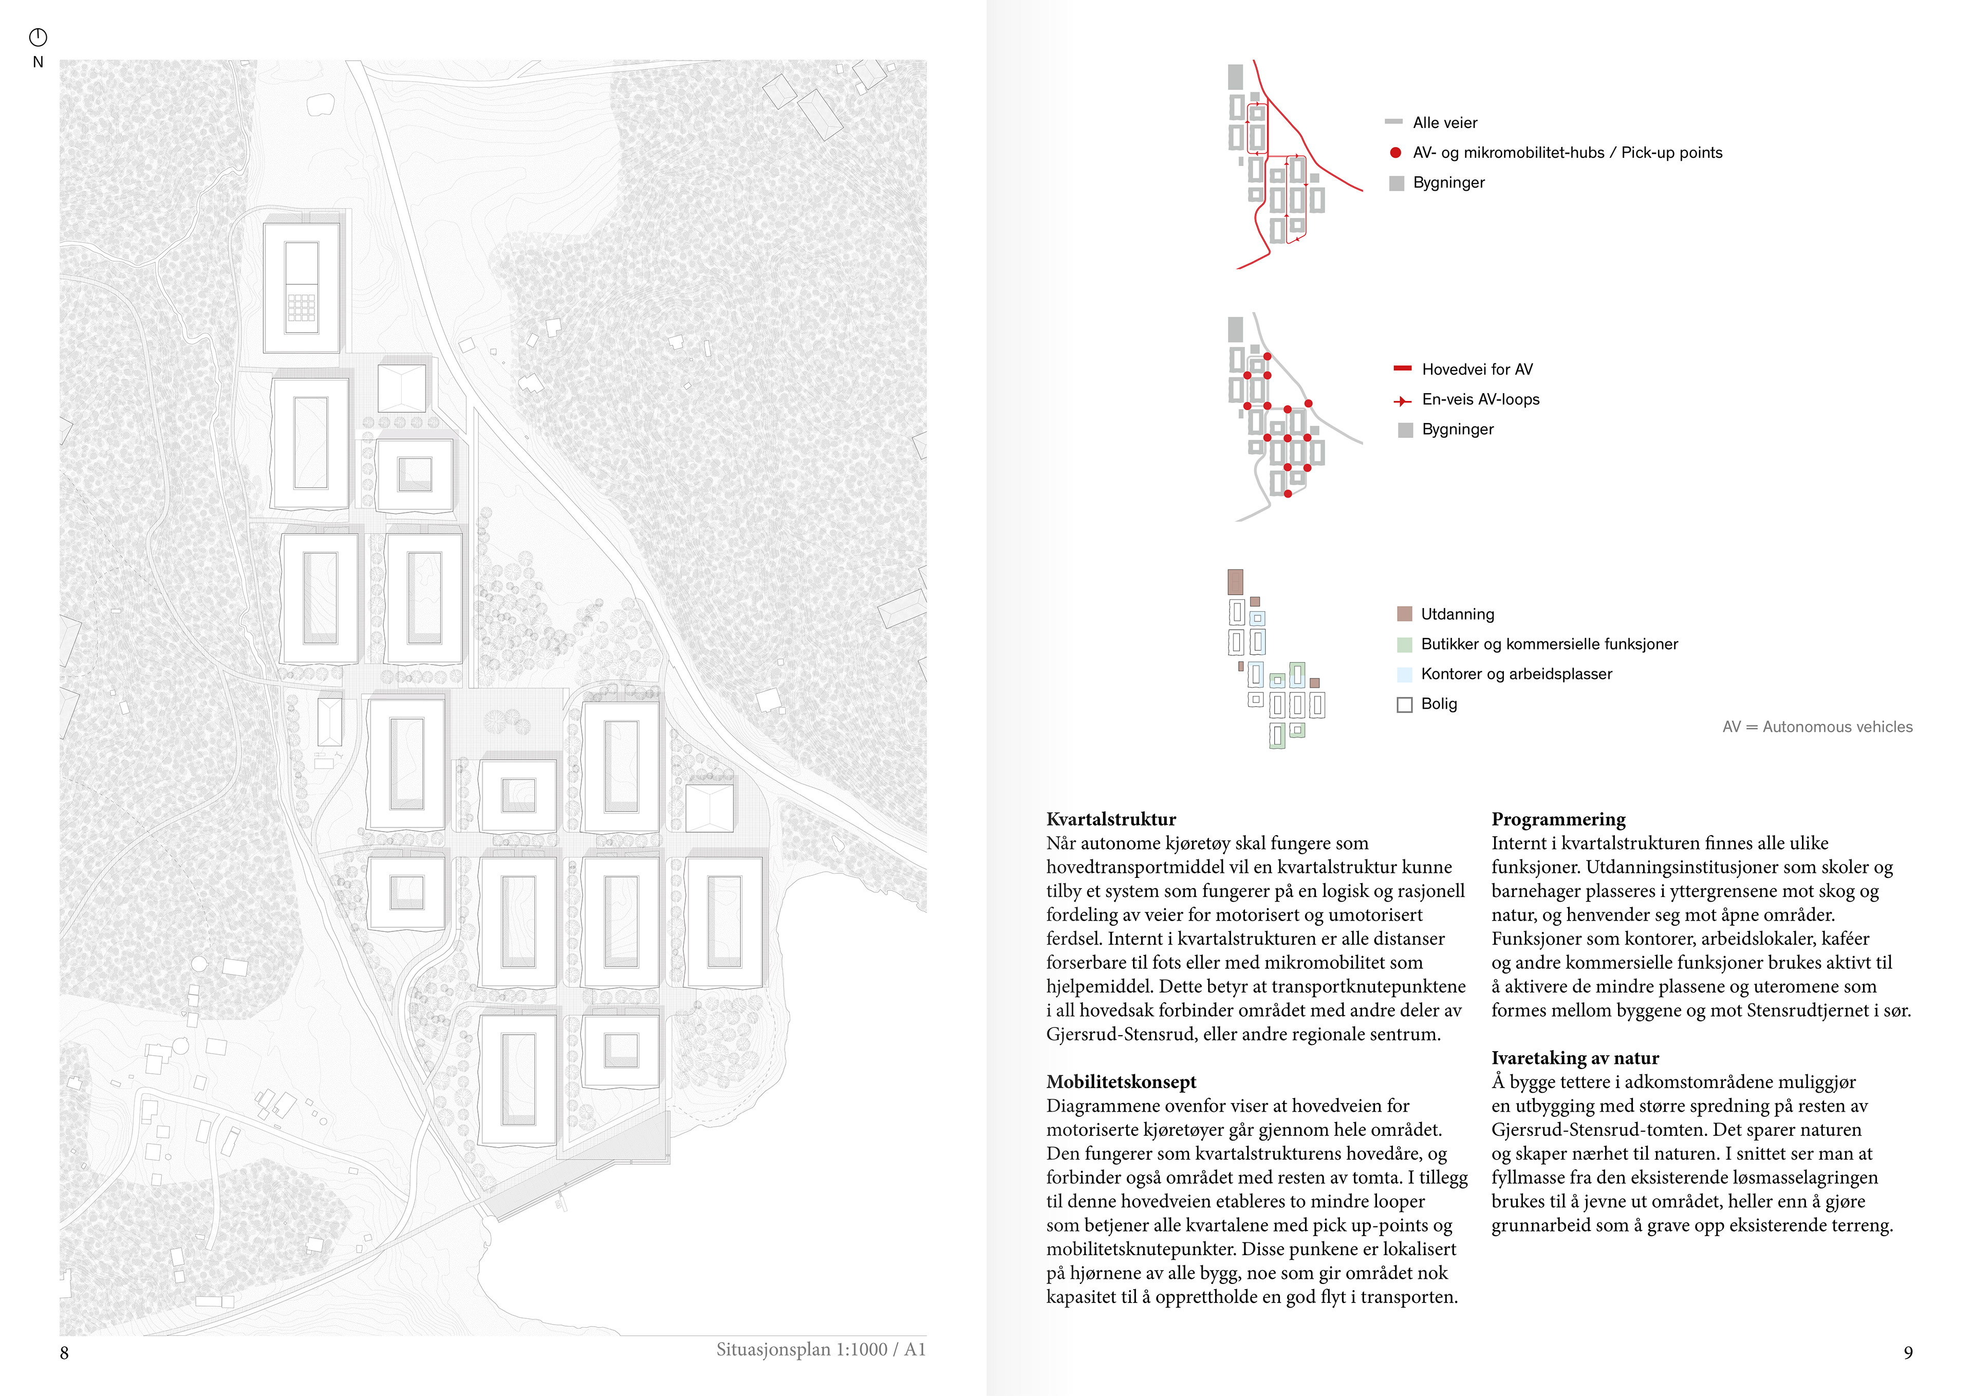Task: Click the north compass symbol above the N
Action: click(38, 37)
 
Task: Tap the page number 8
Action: click(64, 1352)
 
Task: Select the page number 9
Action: click(1908, 1352)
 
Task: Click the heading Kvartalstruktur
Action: click(1111, 819)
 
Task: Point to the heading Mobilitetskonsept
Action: click(1121, 1081)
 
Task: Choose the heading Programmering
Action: click(1558, 819)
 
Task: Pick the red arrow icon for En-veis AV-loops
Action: click(1402, 400)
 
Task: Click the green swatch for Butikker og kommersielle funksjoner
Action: click(1405, 644)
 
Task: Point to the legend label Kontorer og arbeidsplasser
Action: click(1516, 674)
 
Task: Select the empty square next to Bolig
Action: click(1405, 705)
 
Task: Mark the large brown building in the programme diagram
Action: click(1235, 582)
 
